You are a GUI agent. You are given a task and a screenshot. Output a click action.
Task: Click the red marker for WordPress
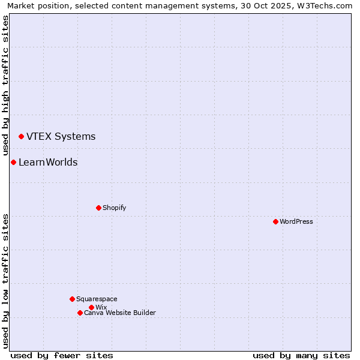(275, 221)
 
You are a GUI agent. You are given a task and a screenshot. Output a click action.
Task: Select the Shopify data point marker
(98, 208)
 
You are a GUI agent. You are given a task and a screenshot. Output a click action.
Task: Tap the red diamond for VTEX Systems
(21, 137)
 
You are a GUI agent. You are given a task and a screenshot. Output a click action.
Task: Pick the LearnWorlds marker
(13, 163)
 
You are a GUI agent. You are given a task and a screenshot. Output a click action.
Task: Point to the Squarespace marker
(72, 299)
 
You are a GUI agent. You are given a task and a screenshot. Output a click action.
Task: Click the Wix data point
(91, 307)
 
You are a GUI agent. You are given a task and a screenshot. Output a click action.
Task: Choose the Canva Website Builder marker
(80, 313)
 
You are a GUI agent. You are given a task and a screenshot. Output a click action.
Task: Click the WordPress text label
(296, 221)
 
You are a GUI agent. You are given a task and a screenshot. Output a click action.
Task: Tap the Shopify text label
(114, 208)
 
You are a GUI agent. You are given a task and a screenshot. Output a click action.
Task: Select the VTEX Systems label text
(61, 137)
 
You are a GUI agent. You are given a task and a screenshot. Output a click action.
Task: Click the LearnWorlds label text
(48, 163)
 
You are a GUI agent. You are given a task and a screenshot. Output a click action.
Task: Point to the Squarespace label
(97, 299)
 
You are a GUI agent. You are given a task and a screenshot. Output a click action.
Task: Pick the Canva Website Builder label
(119, 313)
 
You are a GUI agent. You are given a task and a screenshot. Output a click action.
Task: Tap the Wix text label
(101, 307)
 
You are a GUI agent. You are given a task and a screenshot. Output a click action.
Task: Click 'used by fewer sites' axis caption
(62, 355)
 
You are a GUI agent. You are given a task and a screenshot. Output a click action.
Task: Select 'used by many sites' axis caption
(301, 355)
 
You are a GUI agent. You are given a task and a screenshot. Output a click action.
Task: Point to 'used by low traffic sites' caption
(5, 281)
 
